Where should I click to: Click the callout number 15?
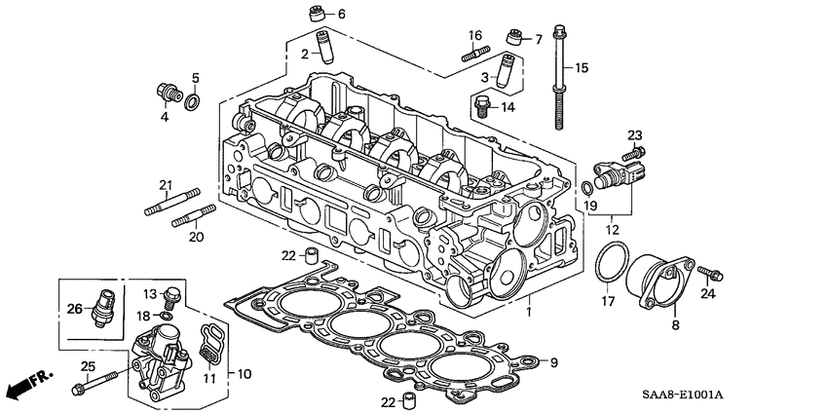point(582,67)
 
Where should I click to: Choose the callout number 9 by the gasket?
point(554,362)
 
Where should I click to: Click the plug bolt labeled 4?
point(166,93)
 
